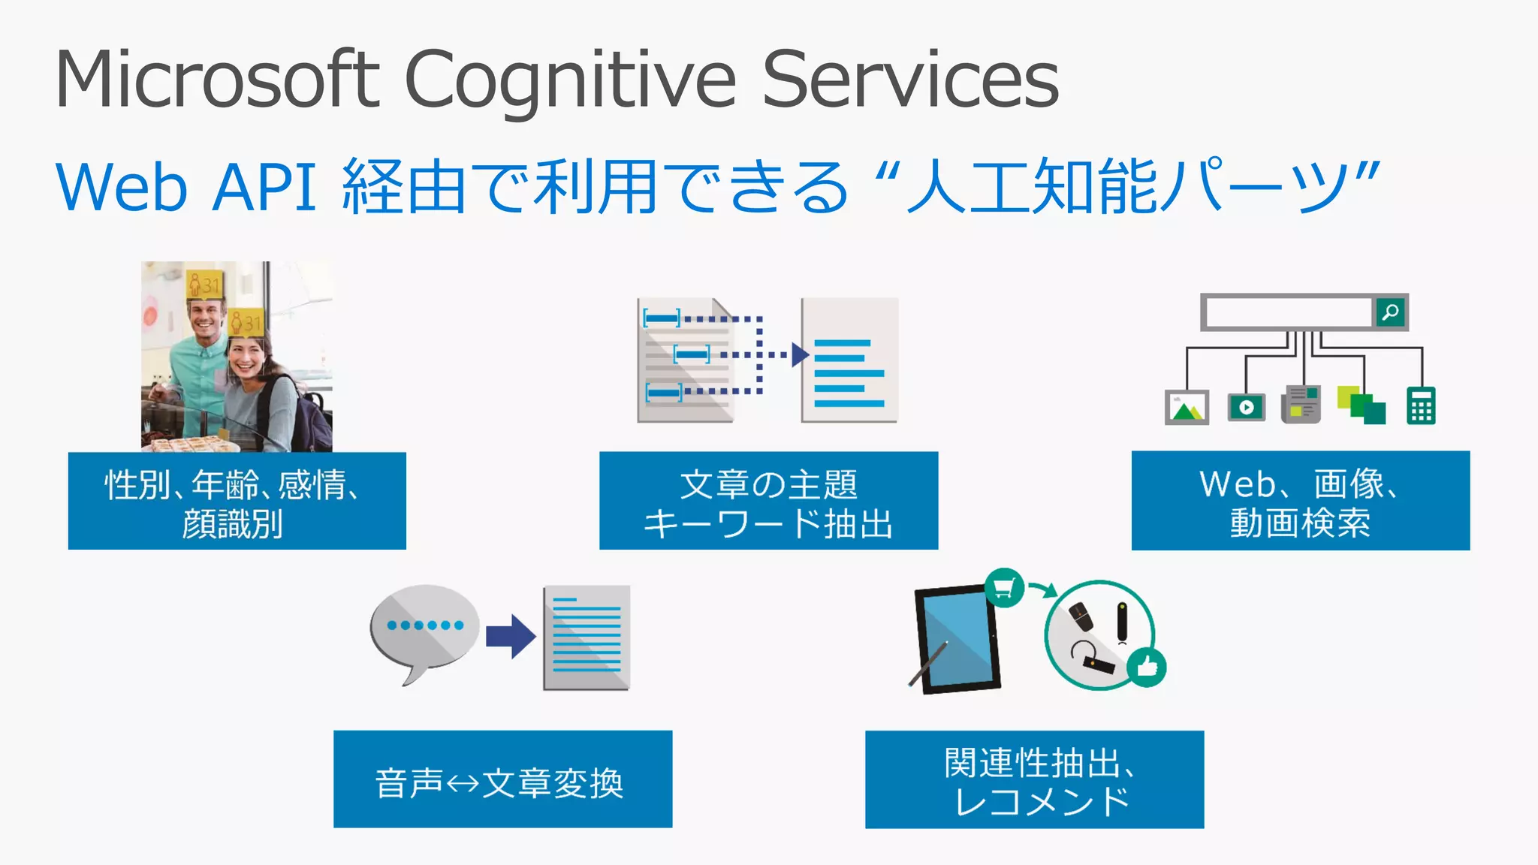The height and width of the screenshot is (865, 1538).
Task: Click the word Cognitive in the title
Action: (571, 80)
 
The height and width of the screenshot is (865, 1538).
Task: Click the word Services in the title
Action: (910, 80)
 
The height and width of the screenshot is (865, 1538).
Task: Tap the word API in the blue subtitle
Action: (264, 187)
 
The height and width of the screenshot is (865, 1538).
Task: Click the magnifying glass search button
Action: (1390, 312)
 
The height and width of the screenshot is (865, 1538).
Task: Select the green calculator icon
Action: (1421, 406)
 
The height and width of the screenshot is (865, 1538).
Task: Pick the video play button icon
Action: (1247, 407)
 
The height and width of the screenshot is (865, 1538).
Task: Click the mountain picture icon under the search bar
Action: (1187, 408)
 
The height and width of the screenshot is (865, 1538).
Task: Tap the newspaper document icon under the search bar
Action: (1302, 405)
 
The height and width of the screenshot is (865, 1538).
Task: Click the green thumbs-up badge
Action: (1147, 665)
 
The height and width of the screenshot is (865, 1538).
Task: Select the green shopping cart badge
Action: (1004, 587)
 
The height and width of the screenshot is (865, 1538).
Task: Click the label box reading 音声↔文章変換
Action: (502, 779)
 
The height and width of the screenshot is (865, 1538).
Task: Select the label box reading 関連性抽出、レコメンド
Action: (1034, 779)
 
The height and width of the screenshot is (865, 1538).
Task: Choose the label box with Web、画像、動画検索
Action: (1300, 501)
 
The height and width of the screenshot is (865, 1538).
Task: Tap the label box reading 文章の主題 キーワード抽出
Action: (768, 501)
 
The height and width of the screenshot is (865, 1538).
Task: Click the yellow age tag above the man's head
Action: (204, 285)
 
